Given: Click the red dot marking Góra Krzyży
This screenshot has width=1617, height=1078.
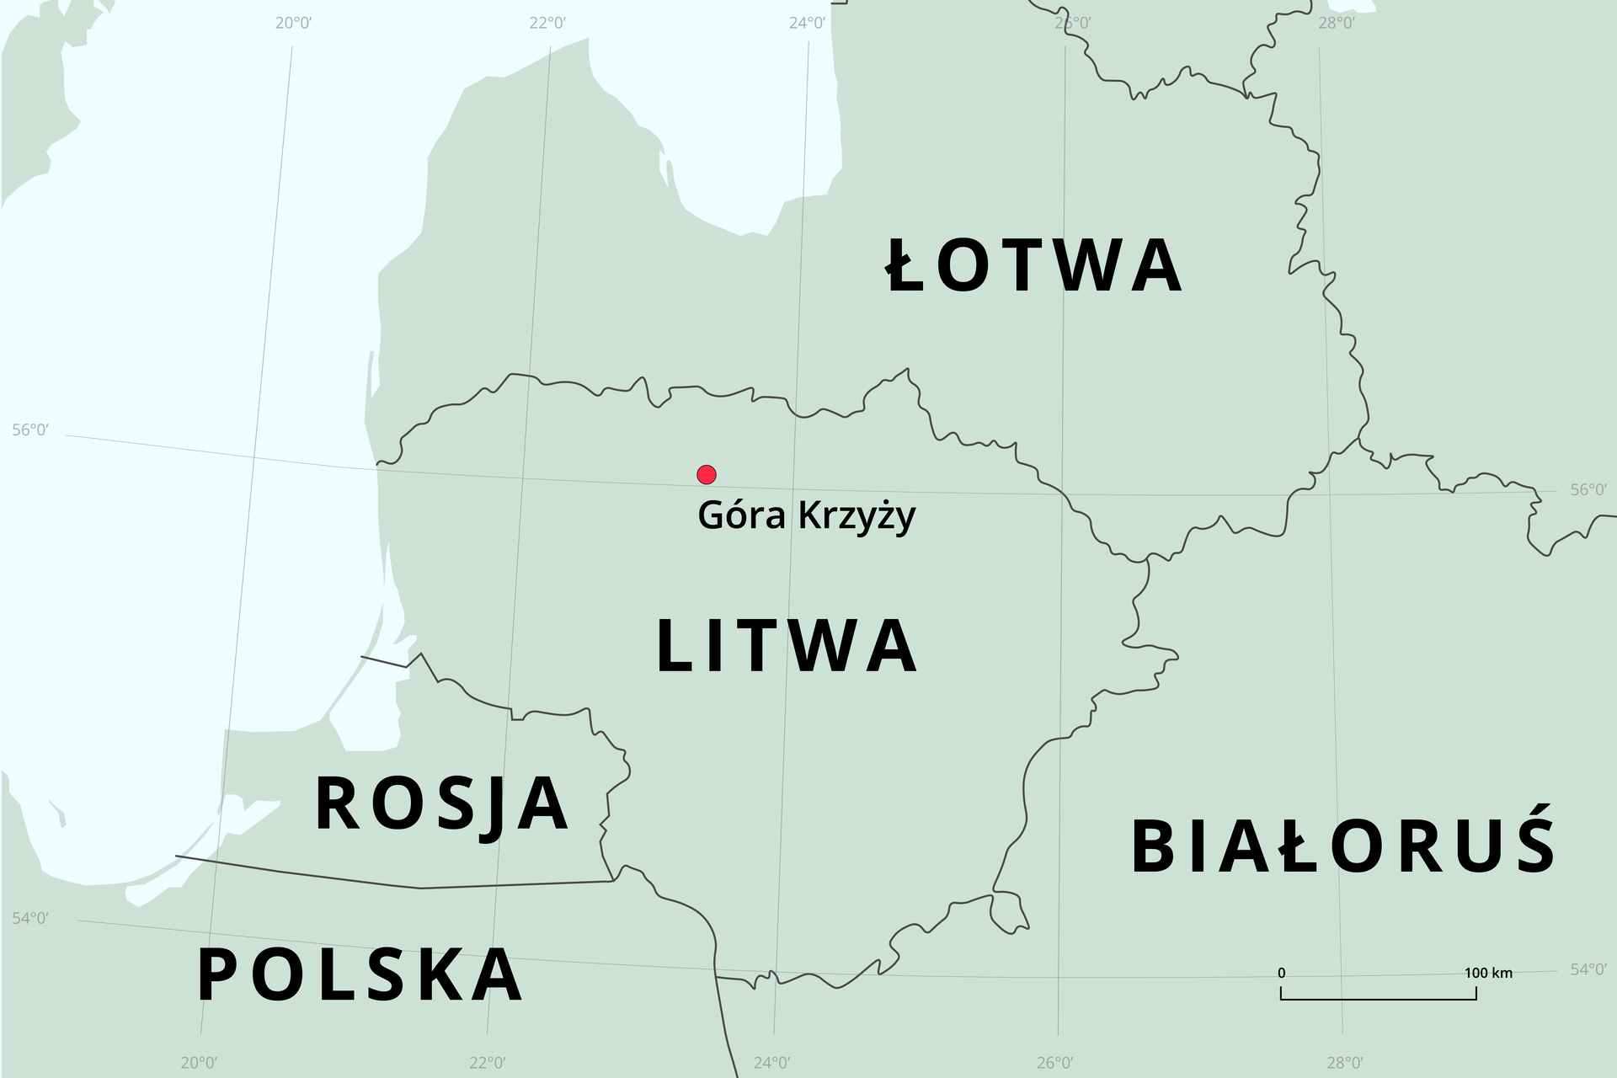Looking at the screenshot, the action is click(707, 475).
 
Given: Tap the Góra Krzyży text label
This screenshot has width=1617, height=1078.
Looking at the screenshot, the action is click(806, 516).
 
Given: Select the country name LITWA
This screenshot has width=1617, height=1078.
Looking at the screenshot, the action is click(787, 646).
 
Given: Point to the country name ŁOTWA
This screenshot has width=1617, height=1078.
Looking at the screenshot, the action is click(1034, 266).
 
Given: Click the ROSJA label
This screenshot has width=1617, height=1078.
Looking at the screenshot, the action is click(442, 804).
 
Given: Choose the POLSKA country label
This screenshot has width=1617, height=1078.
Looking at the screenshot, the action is click(360, 975).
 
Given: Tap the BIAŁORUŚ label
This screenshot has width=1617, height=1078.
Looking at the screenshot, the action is click(1342, 846).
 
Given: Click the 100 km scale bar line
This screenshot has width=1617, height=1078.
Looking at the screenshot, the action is click(1378, 998).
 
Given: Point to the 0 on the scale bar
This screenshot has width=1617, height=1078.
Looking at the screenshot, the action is click(1282, 974).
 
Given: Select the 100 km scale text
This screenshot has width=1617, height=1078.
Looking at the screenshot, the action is click(1488, 974).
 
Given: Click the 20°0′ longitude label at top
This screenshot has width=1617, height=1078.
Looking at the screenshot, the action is click(293, 23).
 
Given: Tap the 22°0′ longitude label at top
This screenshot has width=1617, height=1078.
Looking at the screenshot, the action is click(547, 23).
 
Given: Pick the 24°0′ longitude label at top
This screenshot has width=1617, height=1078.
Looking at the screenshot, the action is click(807, 23).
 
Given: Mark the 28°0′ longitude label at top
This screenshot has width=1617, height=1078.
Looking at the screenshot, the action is click(1337, 23).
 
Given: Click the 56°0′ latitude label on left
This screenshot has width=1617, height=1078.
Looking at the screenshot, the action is click(30, 430).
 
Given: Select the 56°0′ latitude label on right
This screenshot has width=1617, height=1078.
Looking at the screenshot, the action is click(1588, 490).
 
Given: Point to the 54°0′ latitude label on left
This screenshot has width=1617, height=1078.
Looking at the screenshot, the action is click(30, 918).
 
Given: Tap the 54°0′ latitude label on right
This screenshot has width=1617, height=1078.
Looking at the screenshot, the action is click(1588, 970).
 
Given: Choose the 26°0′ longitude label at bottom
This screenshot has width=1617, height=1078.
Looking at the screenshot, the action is click(1055, 1063).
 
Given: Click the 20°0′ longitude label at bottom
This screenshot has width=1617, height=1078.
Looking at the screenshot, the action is click(200, 1063).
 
